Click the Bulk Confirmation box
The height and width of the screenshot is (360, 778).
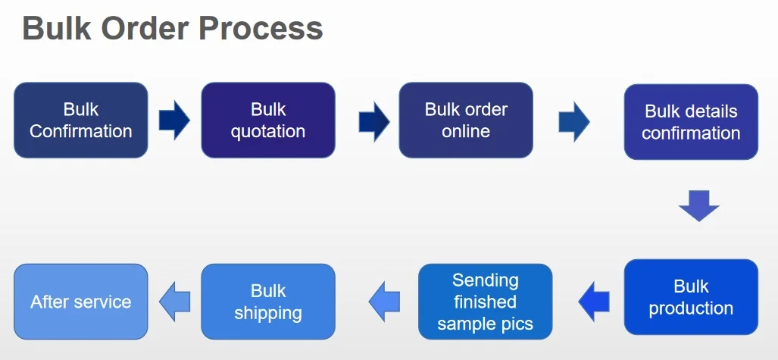coord(81,120)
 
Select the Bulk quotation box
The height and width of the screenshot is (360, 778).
coord(267,120)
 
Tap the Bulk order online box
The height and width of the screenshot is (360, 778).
coord(466,120)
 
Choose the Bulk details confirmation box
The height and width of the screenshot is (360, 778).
coord(691,122)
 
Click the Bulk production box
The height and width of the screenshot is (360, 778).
coord(691,297)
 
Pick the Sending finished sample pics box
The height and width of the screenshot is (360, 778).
coord(485,302)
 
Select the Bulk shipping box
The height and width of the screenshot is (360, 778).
coord(267,302)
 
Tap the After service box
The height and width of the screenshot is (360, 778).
coord(81,302)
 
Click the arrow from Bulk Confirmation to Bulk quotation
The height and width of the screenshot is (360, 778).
coord(174,121)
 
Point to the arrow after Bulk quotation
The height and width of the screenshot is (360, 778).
coord(373,121)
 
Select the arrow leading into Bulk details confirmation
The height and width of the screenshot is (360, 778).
coord(574,122)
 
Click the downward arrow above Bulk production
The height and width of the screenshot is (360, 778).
coord(698,205)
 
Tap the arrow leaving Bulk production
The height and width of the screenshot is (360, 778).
coord(594,302)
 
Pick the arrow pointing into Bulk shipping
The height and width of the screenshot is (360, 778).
coord(384,302)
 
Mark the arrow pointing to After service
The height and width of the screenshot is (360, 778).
coord(174,302)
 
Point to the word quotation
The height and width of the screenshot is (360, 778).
coord(267,131)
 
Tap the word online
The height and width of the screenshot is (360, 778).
coord(466,131)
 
